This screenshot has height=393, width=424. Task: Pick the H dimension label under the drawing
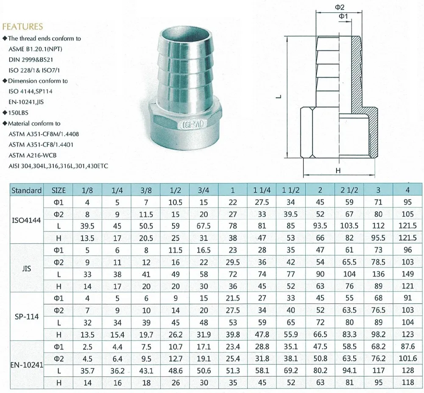[338, 170]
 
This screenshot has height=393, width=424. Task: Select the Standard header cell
[26, 190]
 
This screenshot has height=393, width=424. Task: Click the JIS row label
[26, 268]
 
